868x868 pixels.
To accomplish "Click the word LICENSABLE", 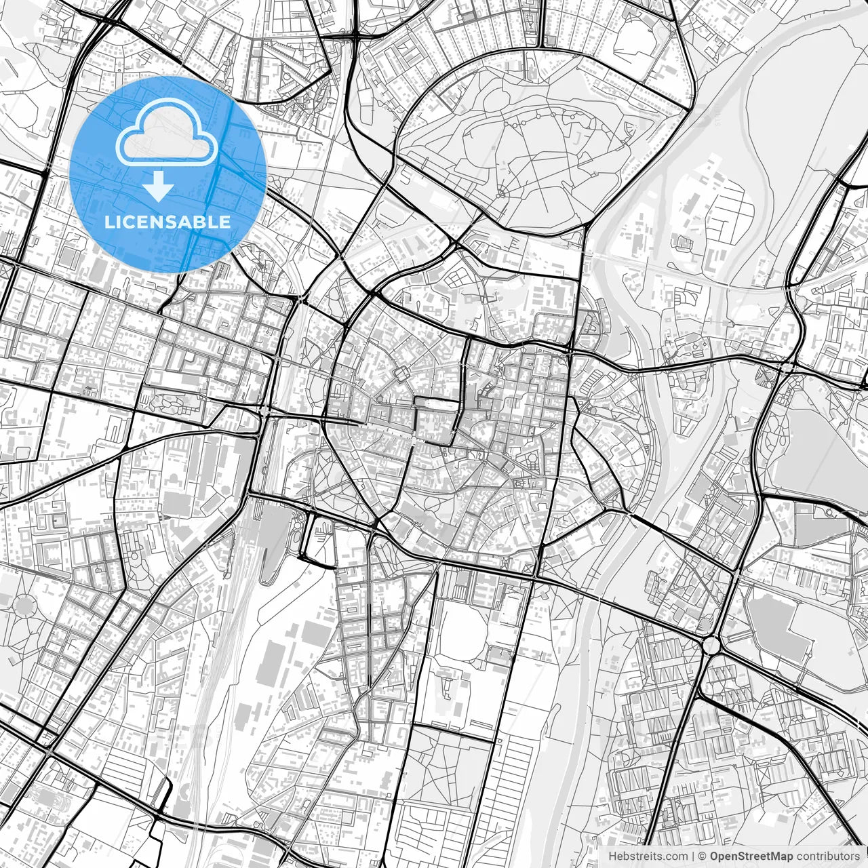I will (167, 222).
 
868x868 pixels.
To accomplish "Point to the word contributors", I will (828, 856).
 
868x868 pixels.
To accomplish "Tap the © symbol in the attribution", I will (703, 856).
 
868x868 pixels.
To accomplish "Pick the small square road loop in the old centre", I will (401, 372).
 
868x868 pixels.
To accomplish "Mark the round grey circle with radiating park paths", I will (24, 604).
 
